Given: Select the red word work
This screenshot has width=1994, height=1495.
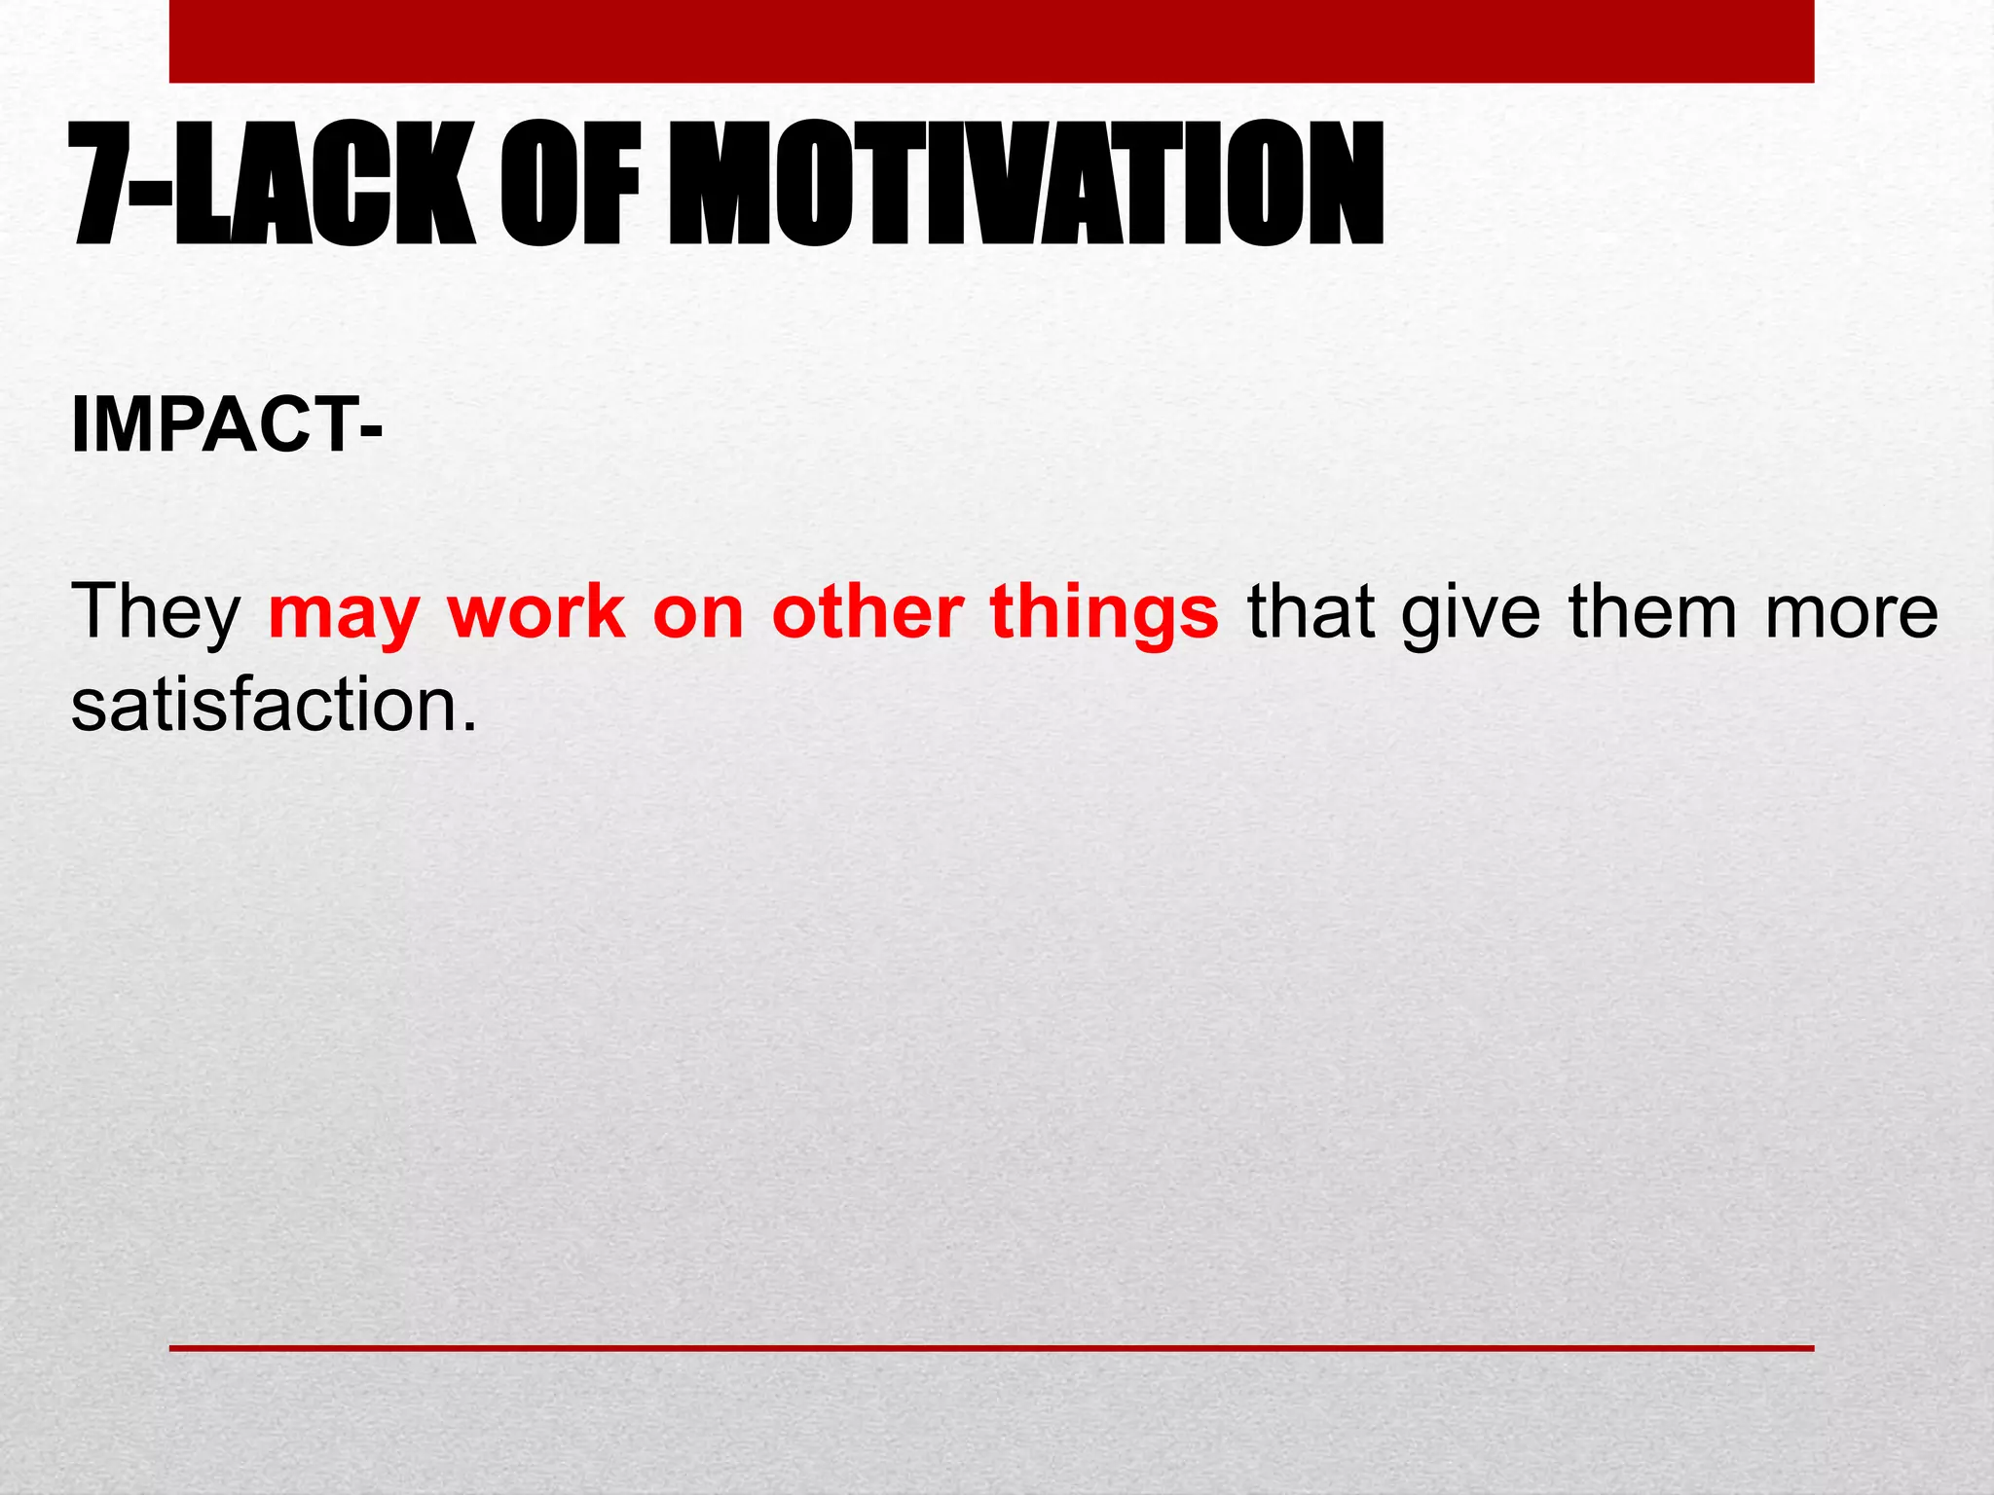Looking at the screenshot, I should pyautogui.click(x=536, y=611).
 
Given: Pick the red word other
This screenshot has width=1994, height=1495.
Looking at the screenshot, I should pyautogui.click(x=868, y=611).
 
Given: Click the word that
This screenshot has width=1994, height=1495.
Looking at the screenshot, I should pyautogui.click(x=1311, y=611).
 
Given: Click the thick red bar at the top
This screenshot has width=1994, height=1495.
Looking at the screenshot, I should pyautogui.click(x=991, y=41).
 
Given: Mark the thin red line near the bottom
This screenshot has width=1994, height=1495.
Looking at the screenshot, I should pyautogui.click(x=991, y=1348).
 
